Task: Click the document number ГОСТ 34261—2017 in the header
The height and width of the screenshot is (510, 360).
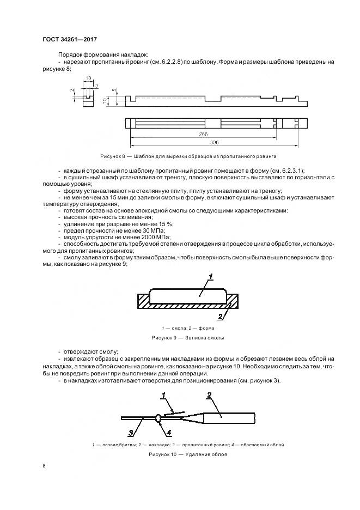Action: (69, 39)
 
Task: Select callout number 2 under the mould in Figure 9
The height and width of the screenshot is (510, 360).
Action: (219, 316)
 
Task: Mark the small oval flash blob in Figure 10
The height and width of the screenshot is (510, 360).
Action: (158, 418)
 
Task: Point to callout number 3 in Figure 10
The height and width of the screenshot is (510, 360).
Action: (131, 433)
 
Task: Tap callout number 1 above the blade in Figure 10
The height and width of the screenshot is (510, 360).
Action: (163, 394)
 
